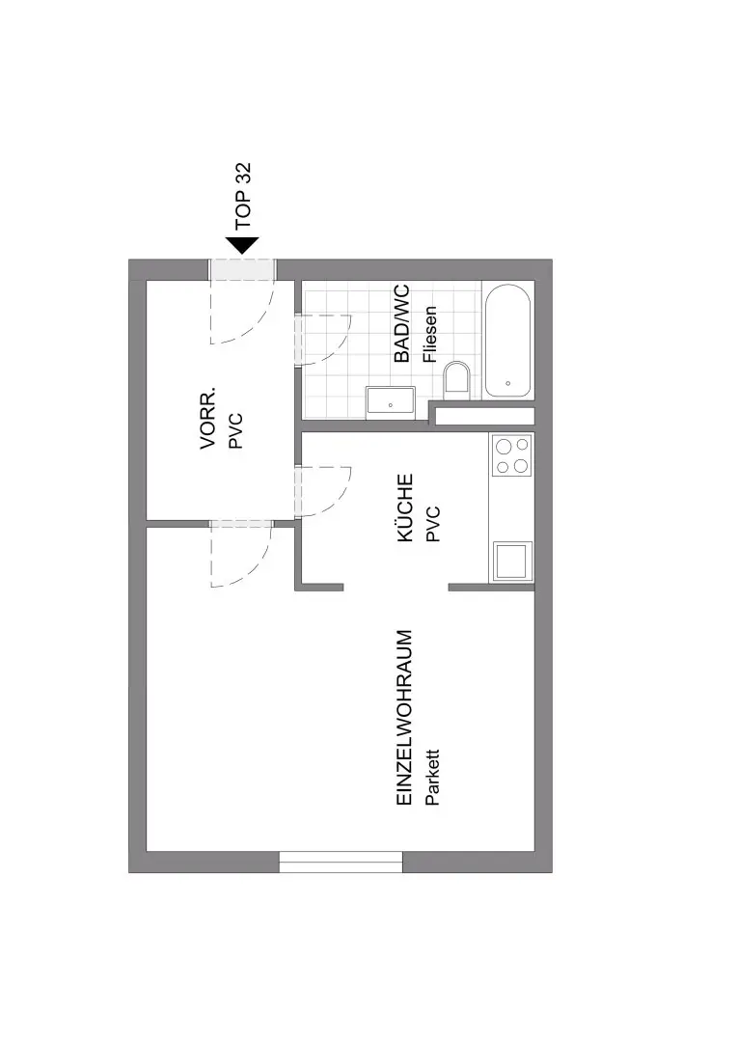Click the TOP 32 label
[244, 195]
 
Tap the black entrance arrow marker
[242, 245]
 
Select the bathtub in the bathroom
[507, 341]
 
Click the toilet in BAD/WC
[456, 380]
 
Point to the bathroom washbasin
[391, 402]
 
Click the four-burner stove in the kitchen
[511, 455]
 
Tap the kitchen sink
[512, 561]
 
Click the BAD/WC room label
[401, 323]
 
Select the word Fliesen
[430, 334]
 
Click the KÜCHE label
[405, 507]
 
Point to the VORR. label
[208, 418]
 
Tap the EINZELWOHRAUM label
[404, 719]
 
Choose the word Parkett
[432, 778]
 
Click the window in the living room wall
[341, 862]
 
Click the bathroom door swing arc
[322, 340]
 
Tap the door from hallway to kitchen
[322, 492]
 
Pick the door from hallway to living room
[241, 554]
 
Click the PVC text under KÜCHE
[432, 524]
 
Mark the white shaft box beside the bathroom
[484, 416]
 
